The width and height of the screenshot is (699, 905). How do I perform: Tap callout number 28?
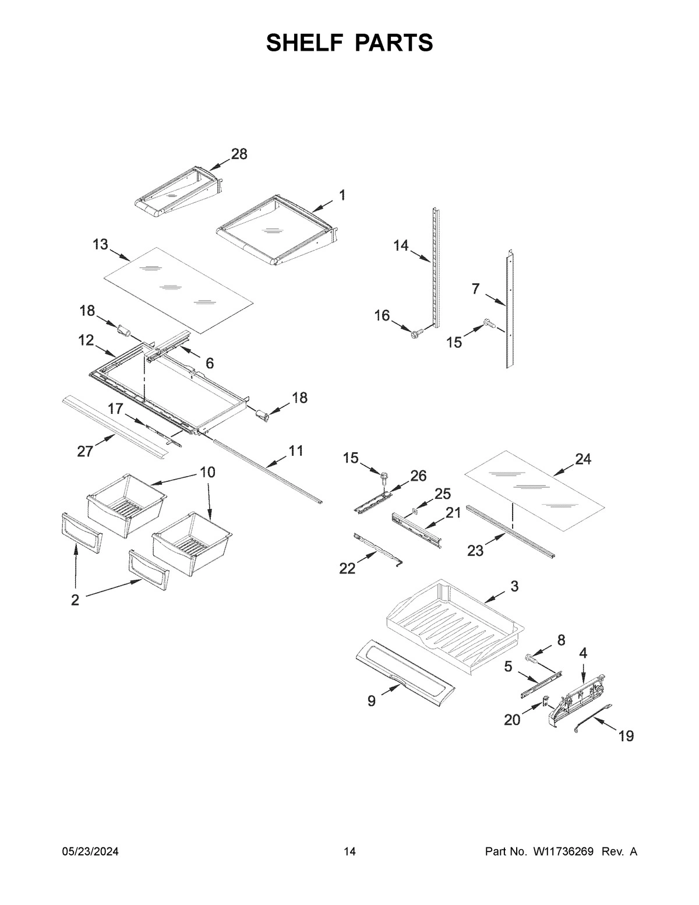239,154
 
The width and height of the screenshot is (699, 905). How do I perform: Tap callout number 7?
476,288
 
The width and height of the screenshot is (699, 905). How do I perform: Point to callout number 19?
626,736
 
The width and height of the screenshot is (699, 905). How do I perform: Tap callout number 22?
347,568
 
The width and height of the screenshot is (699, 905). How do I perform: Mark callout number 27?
85,451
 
